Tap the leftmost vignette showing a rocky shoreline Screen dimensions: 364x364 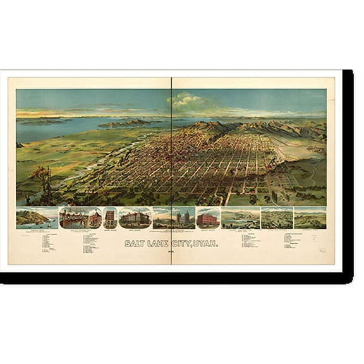tap(37, 217)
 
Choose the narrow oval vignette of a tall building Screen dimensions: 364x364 tap(110, 217)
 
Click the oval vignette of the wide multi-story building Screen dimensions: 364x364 tap(135, 217)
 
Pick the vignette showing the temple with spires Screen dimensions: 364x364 tap(174, 217)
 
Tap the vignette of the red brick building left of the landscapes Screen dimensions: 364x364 tap(208, 217)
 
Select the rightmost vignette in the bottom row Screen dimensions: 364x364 tap(310, 217)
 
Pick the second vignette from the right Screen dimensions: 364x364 tap(277, 217)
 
